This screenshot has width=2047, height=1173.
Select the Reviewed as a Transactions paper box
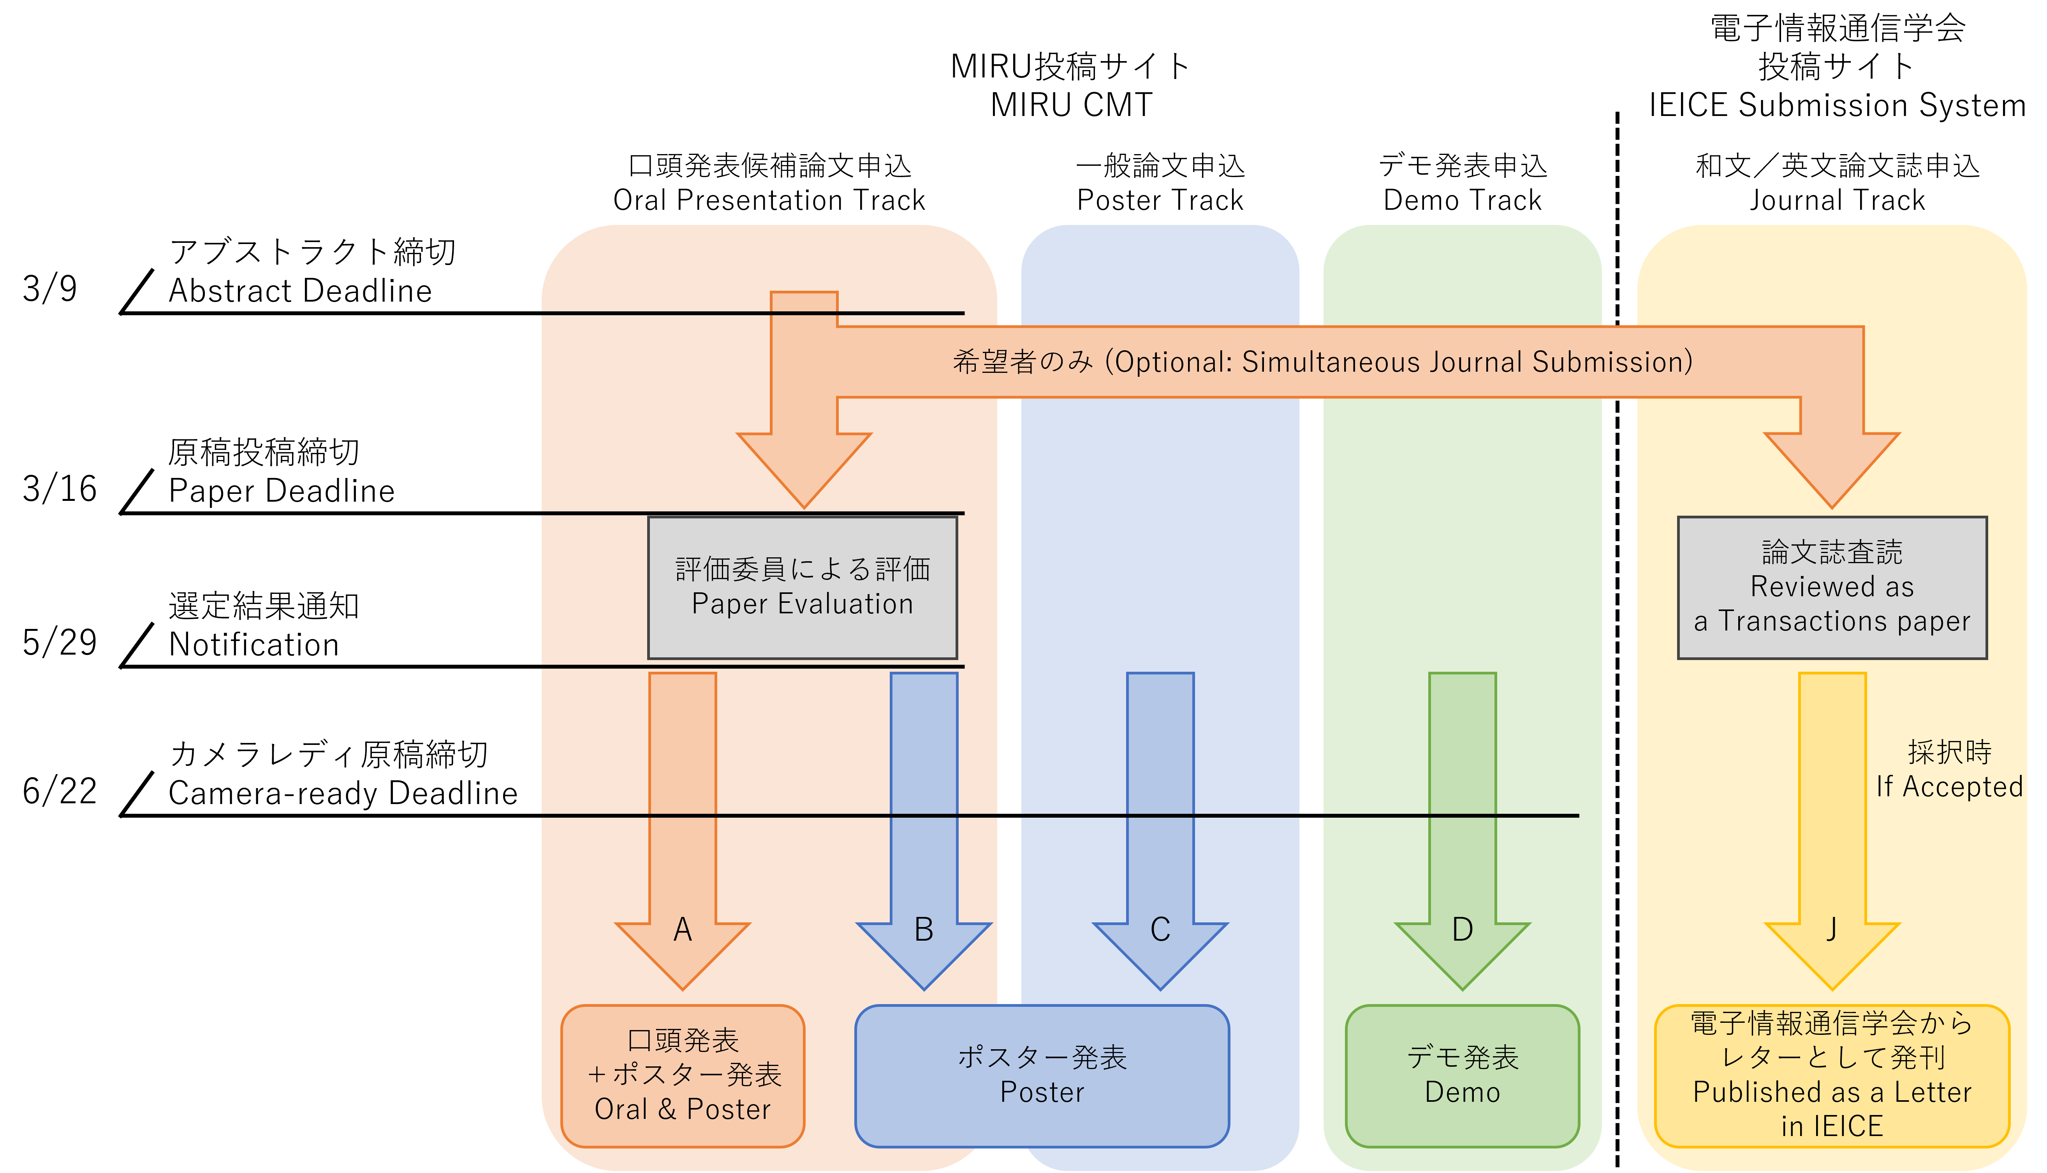pos(1832,587)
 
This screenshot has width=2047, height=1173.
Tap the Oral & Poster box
pos(683,1076)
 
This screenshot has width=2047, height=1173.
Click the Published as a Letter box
pos(1832,1076)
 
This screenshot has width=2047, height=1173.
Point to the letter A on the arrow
pos(683,930)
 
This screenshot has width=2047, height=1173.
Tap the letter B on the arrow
pos(924,930)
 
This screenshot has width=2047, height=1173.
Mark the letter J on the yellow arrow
pos(1832,930)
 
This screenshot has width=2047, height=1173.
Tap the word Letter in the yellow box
pos(1932,1092)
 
